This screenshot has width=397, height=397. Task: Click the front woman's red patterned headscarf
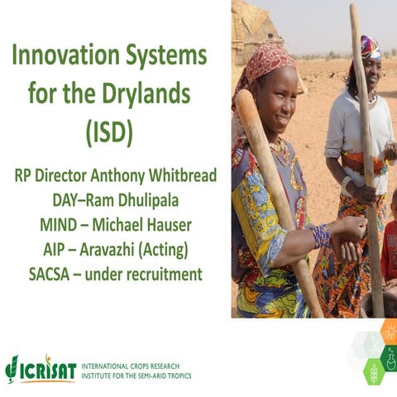263,62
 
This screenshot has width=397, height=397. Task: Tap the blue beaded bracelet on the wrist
321,236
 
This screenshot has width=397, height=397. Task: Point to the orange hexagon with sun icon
388,332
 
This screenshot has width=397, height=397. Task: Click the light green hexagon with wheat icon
373,371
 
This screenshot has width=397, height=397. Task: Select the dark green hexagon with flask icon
388,357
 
